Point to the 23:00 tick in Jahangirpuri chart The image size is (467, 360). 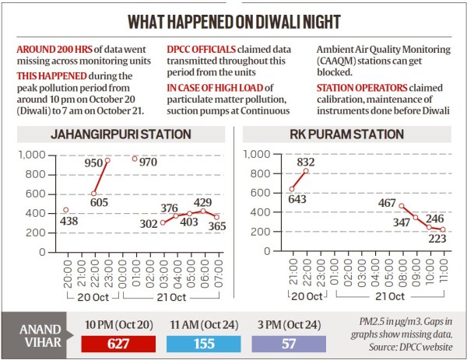106,264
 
